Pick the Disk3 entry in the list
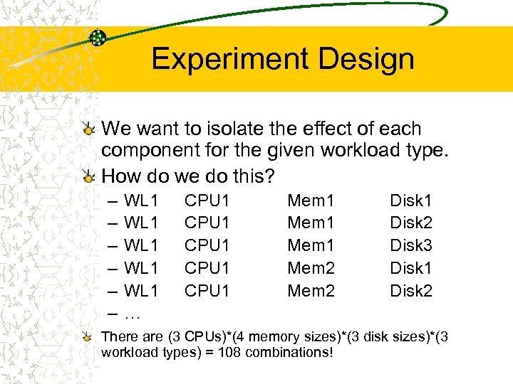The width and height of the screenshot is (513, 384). pyautogui.click(x=411, y=245)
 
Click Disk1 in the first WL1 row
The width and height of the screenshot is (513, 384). pyautogui.click(x=411, y=201)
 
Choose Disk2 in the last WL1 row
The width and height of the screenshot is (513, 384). pyautogui.click(x=411, y=290)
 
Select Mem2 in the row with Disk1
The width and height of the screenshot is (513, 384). pyautogui.click(x=311, y=268)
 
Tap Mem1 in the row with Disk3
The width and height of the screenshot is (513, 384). pyautogui.click(x=311, y=245)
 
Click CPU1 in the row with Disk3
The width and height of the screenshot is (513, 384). pyautogui.click(x=207, y=245)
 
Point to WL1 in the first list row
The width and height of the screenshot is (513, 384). pyautogui.click(x=141, y=201)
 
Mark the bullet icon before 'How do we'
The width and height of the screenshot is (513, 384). pyautogui.click(x=88, y=174)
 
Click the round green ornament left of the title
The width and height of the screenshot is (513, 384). pyautogui.click(x=98, y=38)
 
